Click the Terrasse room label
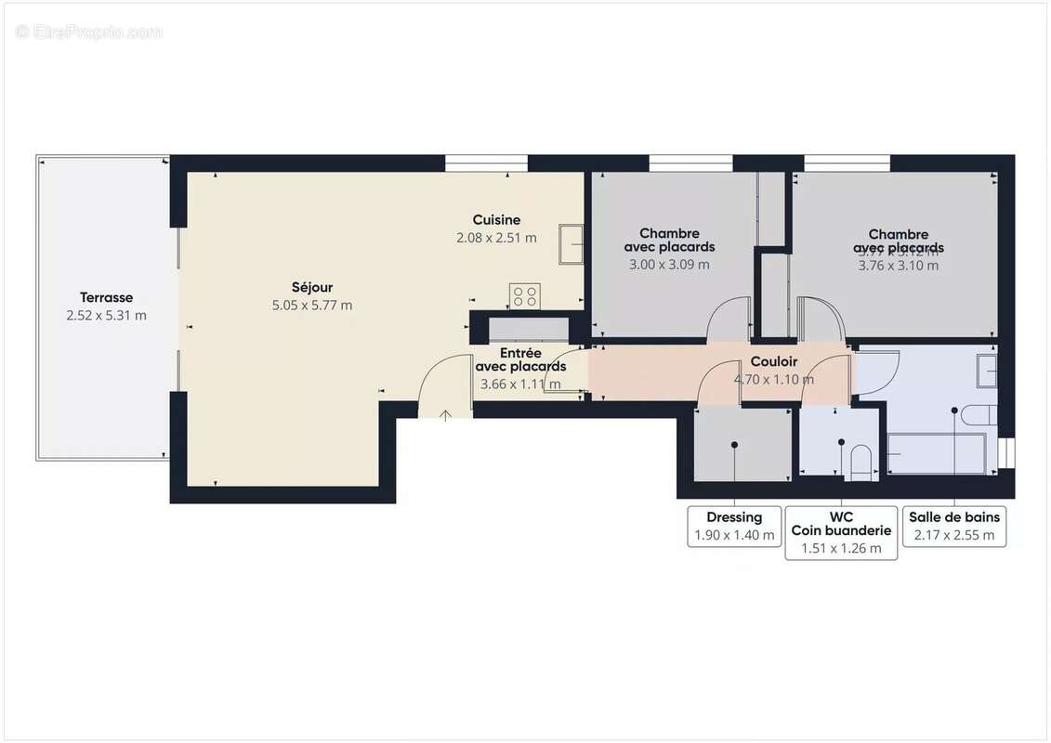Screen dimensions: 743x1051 pos(106,297)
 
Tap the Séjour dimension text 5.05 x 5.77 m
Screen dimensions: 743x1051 pos(311,305)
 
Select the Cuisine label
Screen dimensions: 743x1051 pos(496,220)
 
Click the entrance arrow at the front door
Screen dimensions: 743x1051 pos(445,415)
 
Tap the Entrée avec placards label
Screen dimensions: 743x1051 pos(520,359)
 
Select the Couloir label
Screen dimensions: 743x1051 pos(773,361)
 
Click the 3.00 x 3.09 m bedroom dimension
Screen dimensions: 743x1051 pos(669,264)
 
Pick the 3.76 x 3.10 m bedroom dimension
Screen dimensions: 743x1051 pos(898,265)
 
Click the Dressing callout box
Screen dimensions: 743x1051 pos(734,526)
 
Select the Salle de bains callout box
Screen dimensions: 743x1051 pos(954,526)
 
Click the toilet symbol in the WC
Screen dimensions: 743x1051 pos(861,463)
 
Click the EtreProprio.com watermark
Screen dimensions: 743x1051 pos(88,32)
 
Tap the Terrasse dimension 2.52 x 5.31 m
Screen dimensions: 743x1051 pos(106,316)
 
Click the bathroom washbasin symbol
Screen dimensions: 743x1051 pos(988,371)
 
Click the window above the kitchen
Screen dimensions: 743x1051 pos(480,163)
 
